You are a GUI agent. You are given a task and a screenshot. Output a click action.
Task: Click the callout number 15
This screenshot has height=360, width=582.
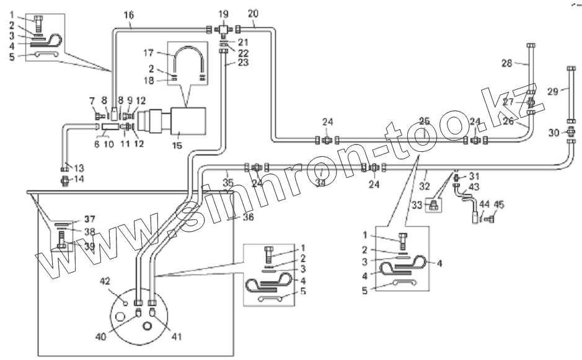(x=177, y=145)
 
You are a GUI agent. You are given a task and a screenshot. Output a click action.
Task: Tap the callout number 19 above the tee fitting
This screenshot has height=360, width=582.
(x=223, y=14)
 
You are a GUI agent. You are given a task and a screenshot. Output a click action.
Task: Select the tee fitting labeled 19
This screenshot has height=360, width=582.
(x=223, y=29)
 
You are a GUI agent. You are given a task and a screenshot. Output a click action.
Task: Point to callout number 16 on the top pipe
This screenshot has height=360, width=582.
(x=129, y=15)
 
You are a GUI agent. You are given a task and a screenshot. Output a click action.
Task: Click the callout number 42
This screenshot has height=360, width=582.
(x=105, y=281)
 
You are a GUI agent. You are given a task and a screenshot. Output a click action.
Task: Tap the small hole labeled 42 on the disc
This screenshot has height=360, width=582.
(x=125, y=304)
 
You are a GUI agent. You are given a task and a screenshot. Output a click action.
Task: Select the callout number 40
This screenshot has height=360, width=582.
(x=100, y=336)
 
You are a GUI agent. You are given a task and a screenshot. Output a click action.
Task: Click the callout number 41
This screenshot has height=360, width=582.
(x=176, y=336)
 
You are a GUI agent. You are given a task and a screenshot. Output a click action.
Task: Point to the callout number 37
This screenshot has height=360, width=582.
(x=89, y=219)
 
